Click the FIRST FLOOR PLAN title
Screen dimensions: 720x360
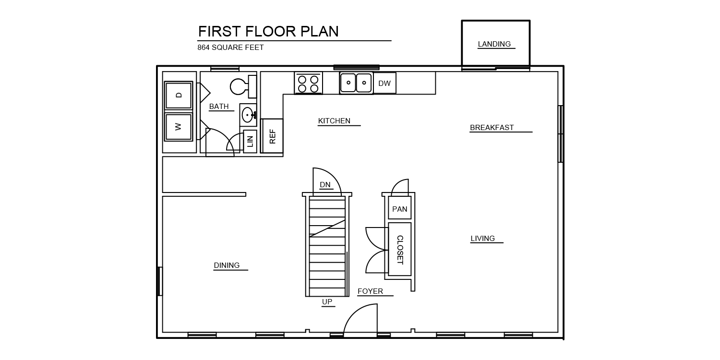coord(268,32)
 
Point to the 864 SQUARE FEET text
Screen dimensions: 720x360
coord(230,48)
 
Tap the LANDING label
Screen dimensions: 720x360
coord(494,44)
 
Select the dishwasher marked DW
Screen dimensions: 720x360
coord(384,83)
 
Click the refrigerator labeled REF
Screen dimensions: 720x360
coord(272,136)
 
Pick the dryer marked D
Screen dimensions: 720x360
coord(179,95)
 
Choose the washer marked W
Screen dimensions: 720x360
coord(179,127)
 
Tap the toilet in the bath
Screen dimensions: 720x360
coord(243,86)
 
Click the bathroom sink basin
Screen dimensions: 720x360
coord(248,115)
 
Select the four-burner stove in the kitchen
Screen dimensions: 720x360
coord(308,83)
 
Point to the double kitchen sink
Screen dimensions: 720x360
coord(356,83)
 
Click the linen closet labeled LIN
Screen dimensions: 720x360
coord(250,142)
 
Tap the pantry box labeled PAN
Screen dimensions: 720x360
coord(399,209)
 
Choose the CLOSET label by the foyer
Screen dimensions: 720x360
coord(400,250)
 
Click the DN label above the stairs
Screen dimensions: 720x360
coord(325,185)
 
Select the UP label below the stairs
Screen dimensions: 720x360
coord(327,302)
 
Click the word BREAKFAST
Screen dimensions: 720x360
coord(492,128)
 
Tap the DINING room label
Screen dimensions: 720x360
coord(227,265)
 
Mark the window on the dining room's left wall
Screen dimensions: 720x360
coord(160,281)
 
